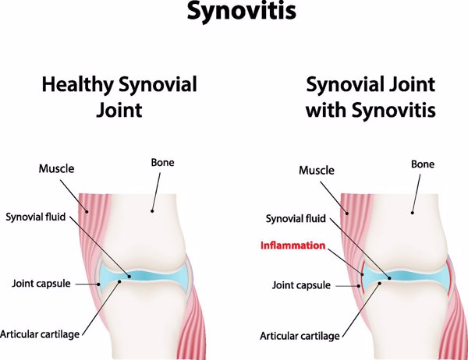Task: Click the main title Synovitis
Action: pos(234,13)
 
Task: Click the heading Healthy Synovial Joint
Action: pos(119,97)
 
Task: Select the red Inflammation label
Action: pos(293,245)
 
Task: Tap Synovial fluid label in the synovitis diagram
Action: pos(296,219)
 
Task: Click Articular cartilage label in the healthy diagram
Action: pos(41,334)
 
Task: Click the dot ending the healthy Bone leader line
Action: pos(154,209)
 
